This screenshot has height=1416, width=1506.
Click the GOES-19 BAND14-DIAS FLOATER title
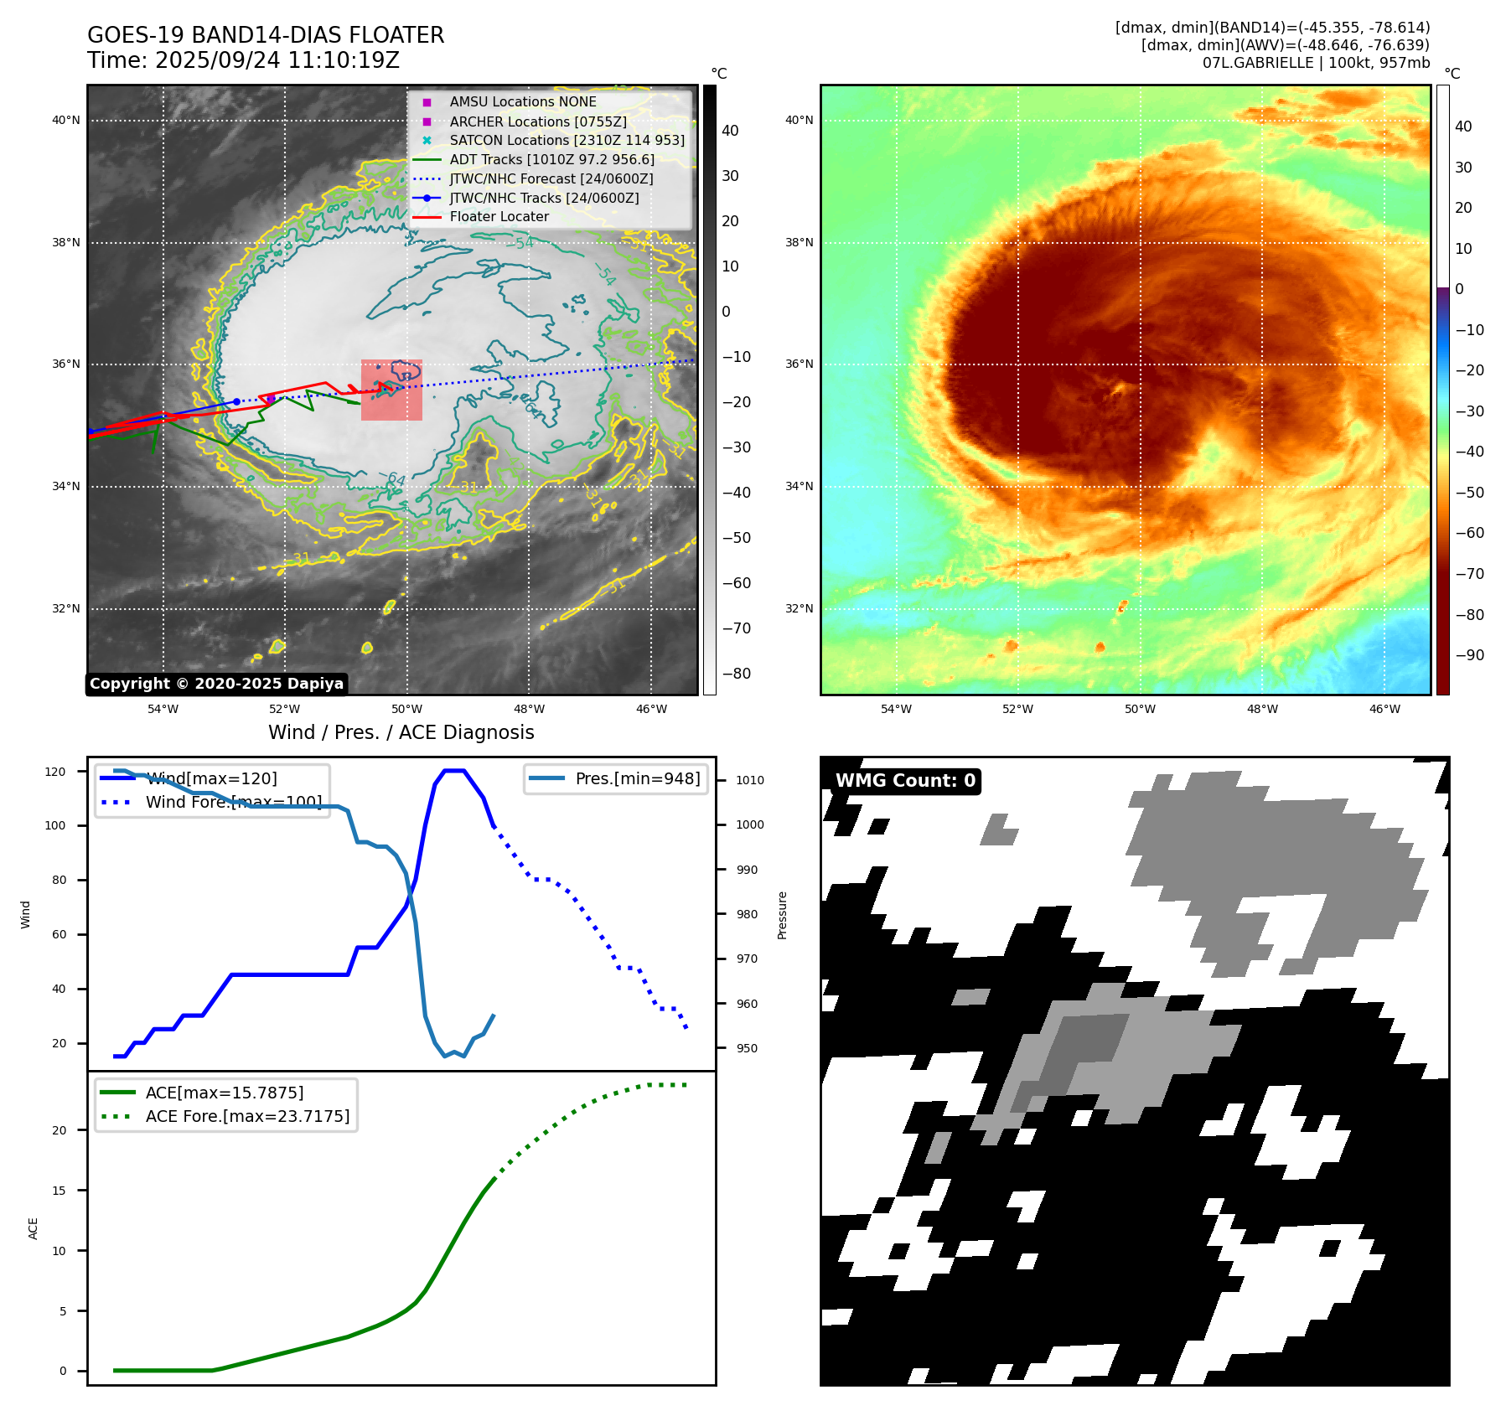point(266,35)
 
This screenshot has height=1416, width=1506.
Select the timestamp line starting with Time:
point(243,60)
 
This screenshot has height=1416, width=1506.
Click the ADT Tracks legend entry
point(551,159)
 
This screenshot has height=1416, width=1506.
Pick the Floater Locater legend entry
point(499,216)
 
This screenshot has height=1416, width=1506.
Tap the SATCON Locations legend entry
point(567,140)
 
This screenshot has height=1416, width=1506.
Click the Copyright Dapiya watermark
point(216,684)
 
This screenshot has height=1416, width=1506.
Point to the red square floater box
point(391,390)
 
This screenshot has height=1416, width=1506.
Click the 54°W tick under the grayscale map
point(163,709)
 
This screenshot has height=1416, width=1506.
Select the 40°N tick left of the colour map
point(799,120)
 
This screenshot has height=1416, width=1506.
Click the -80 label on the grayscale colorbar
point(737,674)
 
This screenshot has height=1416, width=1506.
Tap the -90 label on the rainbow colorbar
point(1469,655)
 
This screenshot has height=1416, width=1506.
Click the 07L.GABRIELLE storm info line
point(1316,63)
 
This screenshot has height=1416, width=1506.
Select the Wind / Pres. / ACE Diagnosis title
point(401,732)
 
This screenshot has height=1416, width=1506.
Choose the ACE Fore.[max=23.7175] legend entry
point(247,1116)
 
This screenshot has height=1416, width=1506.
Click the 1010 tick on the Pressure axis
point(749,780)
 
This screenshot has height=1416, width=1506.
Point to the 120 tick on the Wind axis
point(55,772)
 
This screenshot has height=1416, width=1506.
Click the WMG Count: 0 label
point(905,781)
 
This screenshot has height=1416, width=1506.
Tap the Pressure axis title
point(782,915)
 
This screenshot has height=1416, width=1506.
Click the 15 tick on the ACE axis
point(59,1191)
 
